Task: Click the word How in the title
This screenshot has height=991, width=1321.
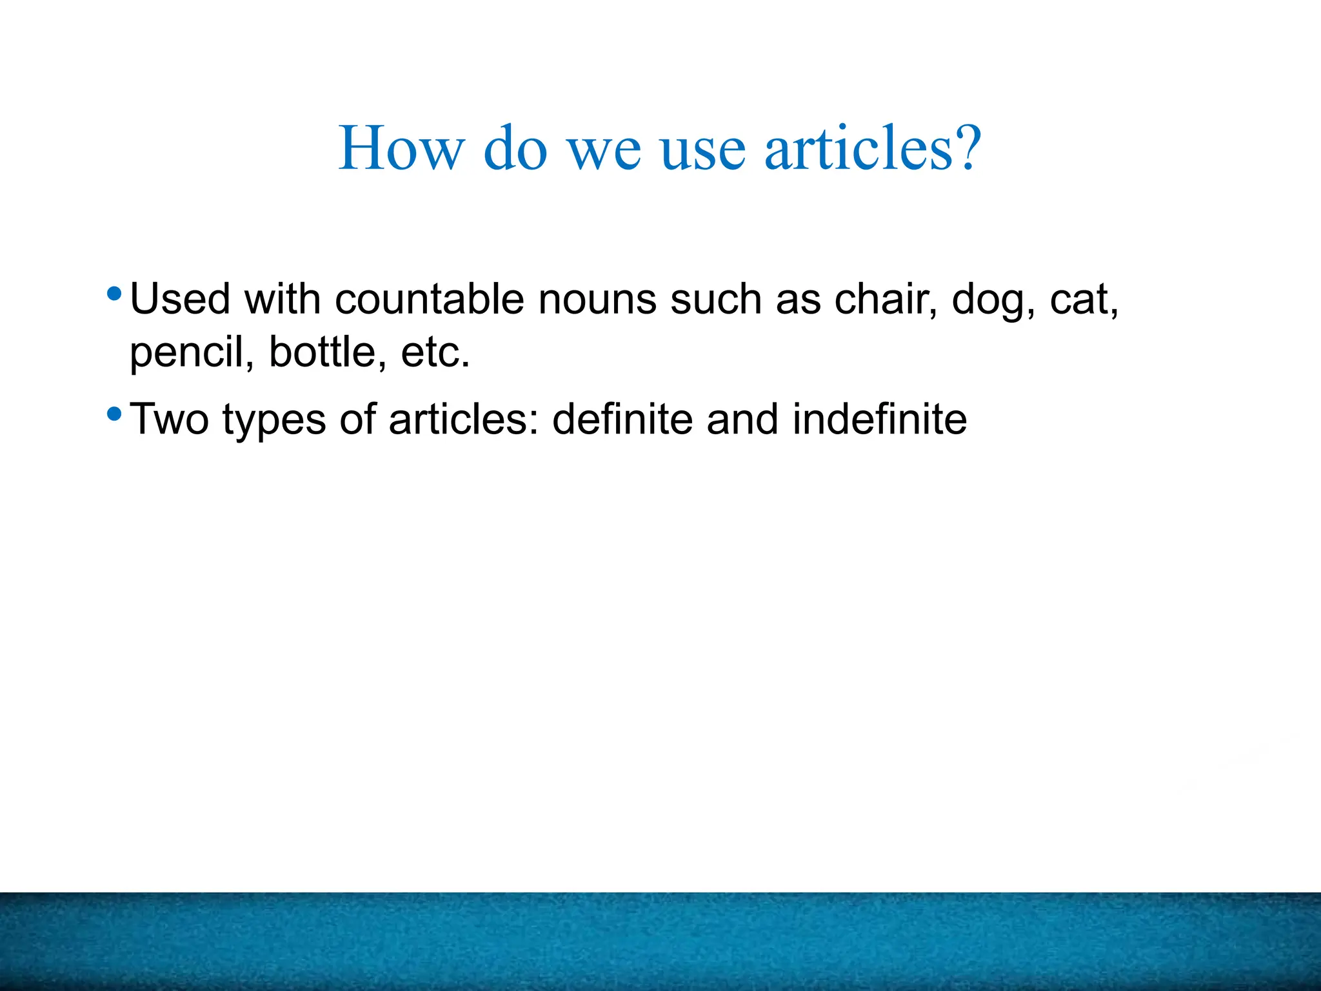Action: pos(401,149)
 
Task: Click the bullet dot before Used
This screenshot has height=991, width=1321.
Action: pos(114,295)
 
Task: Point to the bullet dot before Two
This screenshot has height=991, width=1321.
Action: pos(114,414)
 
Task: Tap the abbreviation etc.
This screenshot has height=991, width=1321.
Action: pos(435,354)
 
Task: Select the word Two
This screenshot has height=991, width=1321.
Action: pos(170,419)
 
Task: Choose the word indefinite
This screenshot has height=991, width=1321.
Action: pos(880,419)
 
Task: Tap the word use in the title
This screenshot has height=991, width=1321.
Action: pos(703,150)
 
